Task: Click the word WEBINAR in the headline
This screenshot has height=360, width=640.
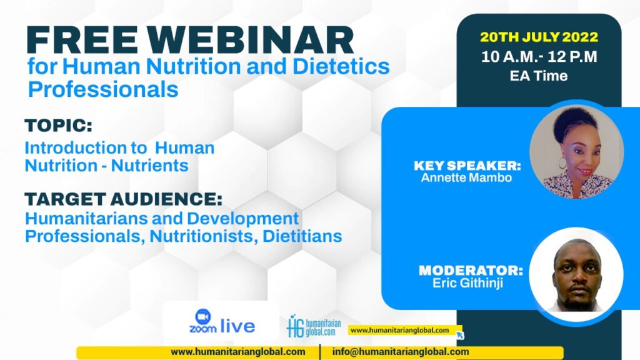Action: coord(250,40)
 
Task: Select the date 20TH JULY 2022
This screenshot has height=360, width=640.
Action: coord(539,37)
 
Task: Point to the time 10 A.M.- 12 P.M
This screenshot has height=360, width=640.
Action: coord(539,56)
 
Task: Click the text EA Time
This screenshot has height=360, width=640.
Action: coord(539,76)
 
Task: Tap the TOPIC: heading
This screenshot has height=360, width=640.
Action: coord(58,126)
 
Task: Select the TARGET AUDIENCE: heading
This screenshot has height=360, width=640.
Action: coord(123,199)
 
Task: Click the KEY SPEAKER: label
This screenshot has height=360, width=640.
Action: coord(467,165)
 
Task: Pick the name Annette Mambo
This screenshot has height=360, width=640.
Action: coord(466,177)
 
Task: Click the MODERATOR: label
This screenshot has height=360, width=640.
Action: coord(471,270)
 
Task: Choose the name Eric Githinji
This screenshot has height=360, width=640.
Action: coord(467,283)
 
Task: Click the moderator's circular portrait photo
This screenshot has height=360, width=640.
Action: coord(576,274)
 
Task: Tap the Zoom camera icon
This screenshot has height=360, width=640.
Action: coord(203,316)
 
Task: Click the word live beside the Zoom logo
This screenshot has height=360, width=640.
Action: coord(237,326)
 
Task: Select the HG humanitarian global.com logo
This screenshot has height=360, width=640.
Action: coord(314,326)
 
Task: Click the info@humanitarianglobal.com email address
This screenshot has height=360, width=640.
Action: coord(401,352)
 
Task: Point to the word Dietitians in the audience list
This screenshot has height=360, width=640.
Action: coord(302,236)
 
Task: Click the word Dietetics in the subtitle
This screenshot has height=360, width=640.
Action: coord(341,66)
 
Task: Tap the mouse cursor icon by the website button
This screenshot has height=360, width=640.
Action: coord(460,335)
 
